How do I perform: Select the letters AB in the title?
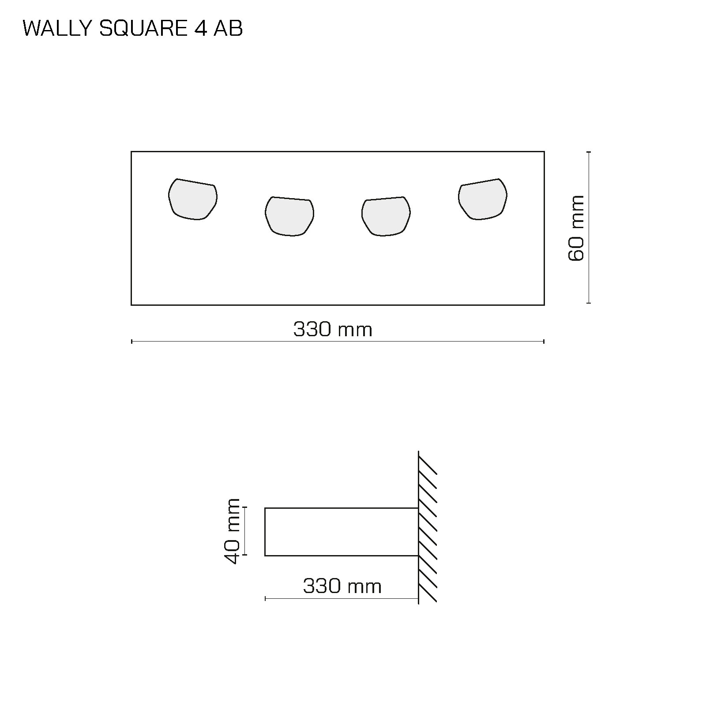pos(228,29)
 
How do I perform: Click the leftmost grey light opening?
pos(193,199)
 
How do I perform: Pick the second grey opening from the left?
pos(289,216)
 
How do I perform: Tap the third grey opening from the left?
pos(386,216)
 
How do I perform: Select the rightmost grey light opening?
pos(483,199)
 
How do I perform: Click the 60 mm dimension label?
pos(576,228)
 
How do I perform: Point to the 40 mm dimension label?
pos(232,531)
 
